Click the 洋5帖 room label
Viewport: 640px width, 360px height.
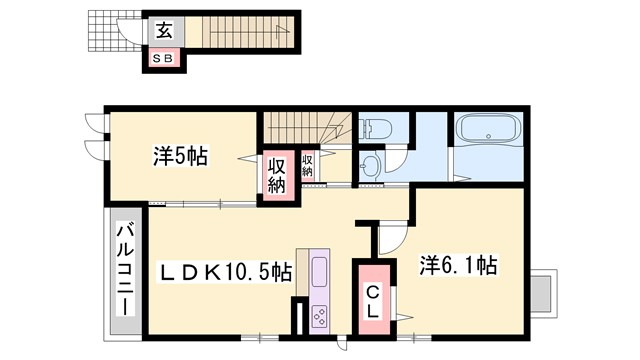(180, 156)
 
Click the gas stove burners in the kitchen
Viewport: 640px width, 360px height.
(323, 316)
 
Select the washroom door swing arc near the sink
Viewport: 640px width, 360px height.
(397, 165)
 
